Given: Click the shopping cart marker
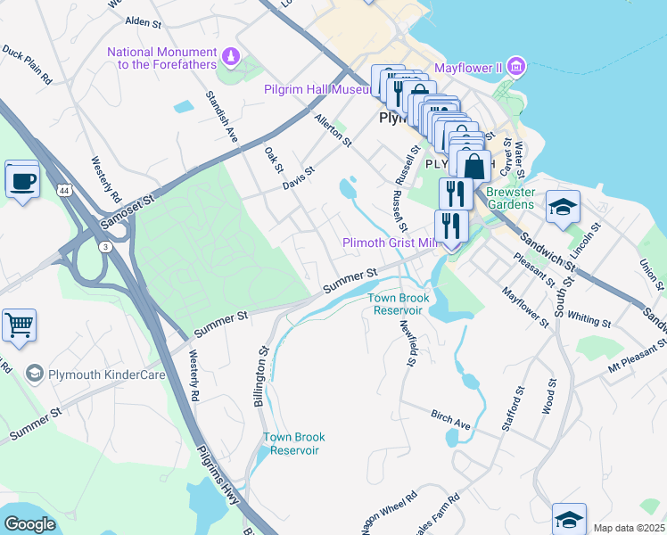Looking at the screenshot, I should pos(19,326).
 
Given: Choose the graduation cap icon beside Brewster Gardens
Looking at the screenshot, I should pos(563,208).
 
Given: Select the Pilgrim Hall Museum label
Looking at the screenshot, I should pos(317,90).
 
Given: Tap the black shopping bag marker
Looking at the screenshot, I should pos(473,166).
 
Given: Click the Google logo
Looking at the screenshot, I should pos(30,524).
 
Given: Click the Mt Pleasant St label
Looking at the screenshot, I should pos(637,356).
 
